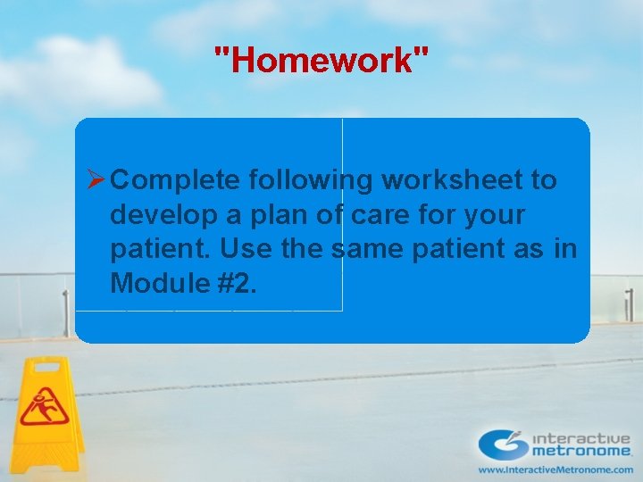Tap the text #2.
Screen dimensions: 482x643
[237, 284]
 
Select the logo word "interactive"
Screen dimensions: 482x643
[582, 439]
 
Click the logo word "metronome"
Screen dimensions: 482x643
[582, 453]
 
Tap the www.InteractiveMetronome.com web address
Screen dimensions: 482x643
[555, 470]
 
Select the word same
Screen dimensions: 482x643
[369, 250]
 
